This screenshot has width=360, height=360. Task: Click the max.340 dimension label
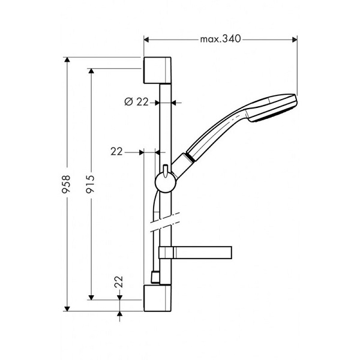click(220, 40)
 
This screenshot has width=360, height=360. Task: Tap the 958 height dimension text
click(67, 184)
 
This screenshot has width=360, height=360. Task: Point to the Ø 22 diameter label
click(136, 102)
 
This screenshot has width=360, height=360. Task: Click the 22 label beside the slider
click(116, 152)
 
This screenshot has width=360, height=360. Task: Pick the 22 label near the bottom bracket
click(119, 281)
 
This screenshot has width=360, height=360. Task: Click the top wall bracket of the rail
click(158, 71)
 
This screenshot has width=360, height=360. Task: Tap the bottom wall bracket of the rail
click(158, 298)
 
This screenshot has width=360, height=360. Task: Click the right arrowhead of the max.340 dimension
click(295, 40)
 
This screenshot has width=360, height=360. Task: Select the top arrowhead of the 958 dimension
click(67, 61)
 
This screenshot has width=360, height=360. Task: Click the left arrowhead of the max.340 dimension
click(146, 40)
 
